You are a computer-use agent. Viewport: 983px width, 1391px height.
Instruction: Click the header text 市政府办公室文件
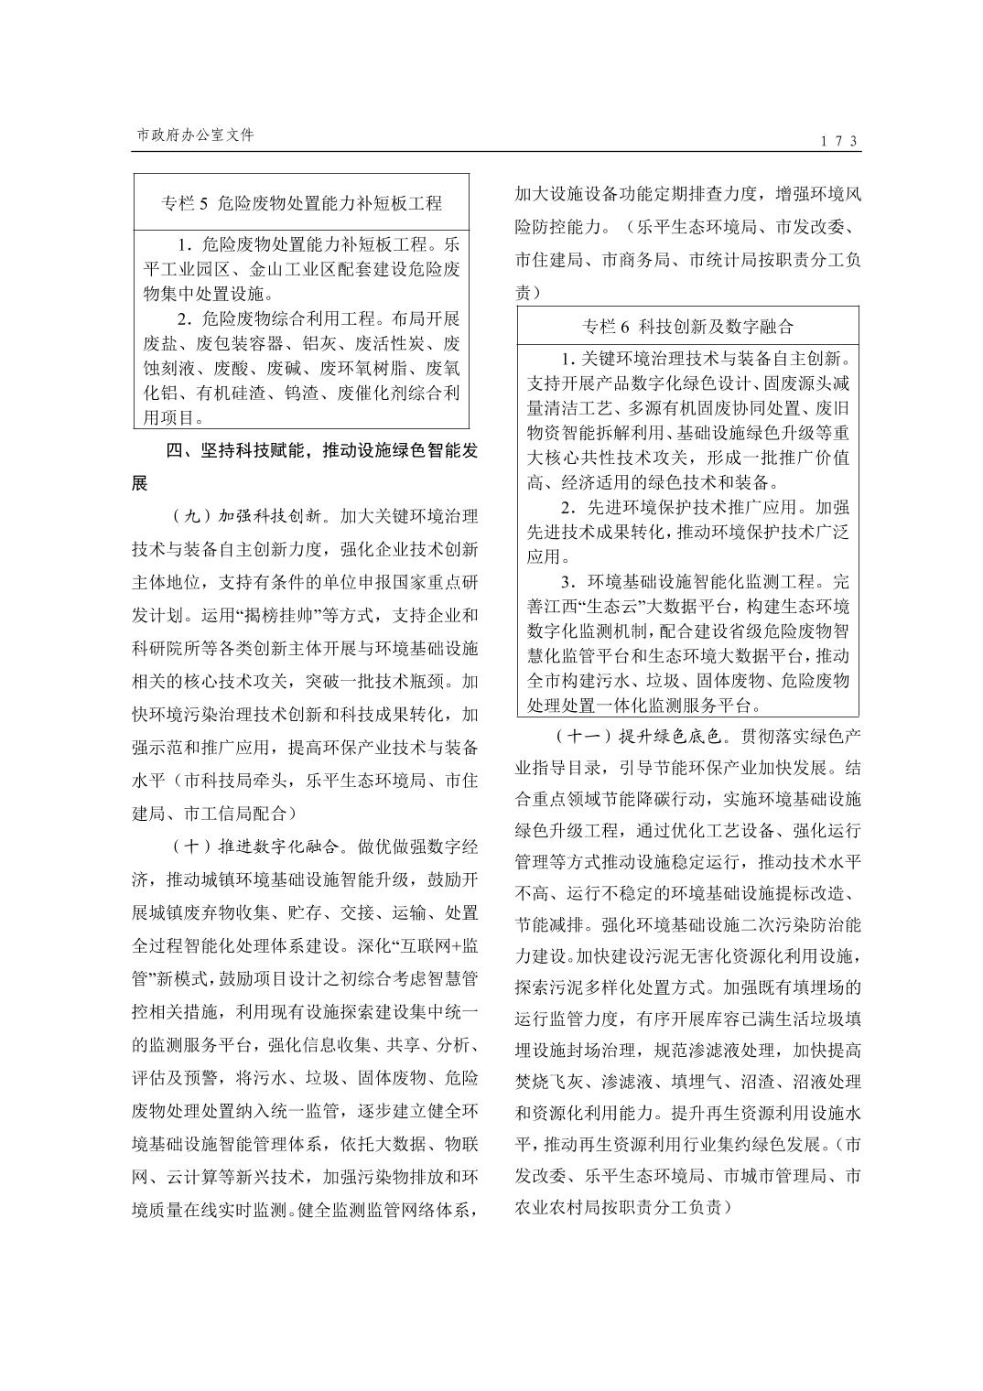[x=195, y=135]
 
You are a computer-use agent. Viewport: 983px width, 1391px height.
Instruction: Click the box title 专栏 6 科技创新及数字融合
[x=687, y=326]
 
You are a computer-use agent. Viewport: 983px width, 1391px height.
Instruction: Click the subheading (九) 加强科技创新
[x=247, y=515]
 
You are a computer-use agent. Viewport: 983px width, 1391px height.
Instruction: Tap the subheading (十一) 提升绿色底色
[x=638, y=735]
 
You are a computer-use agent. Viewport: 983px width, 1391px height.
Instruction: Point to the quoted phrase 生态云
[x=661, y=606]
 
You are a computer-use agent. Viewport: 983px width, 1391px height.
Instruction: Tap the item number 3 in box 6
[x=566, y=582]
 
